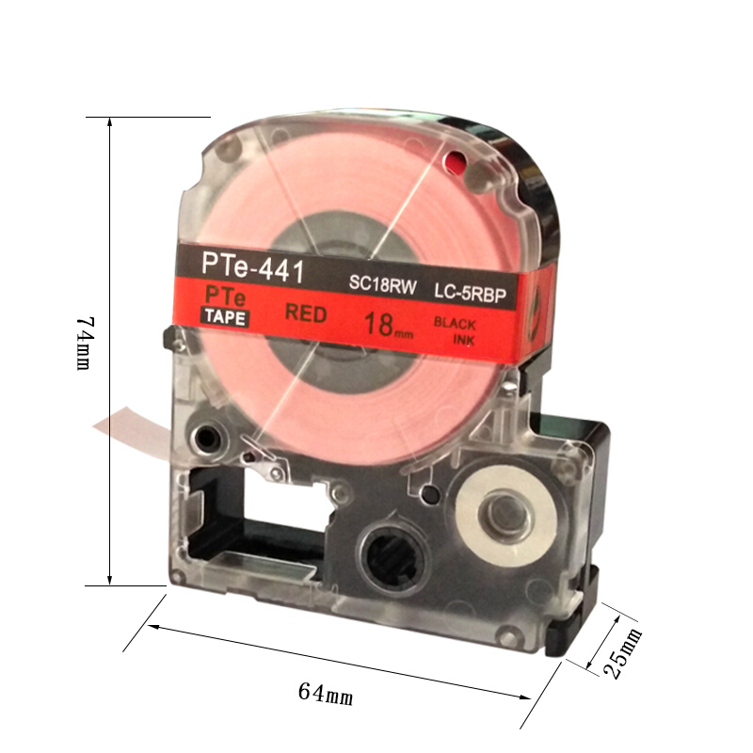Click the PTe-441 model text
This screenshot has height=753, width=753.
[253, 269]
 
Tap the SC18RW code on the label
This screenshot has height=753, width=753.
[383, 284]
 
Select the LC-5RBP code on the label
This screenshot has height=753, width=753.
[470, 293]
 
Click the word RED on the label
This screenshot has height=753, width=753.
[305, 313]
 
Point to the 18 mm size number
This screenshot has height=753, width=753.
[388, 325]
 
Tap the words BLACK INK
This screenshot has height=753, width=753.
[455, 331]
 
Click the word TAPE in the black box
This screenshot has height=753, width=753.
[226, 317]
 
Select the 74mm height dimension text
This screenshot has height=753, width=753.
[85, 343]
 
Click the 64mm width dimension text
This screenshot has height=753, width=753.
[326, 693]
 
